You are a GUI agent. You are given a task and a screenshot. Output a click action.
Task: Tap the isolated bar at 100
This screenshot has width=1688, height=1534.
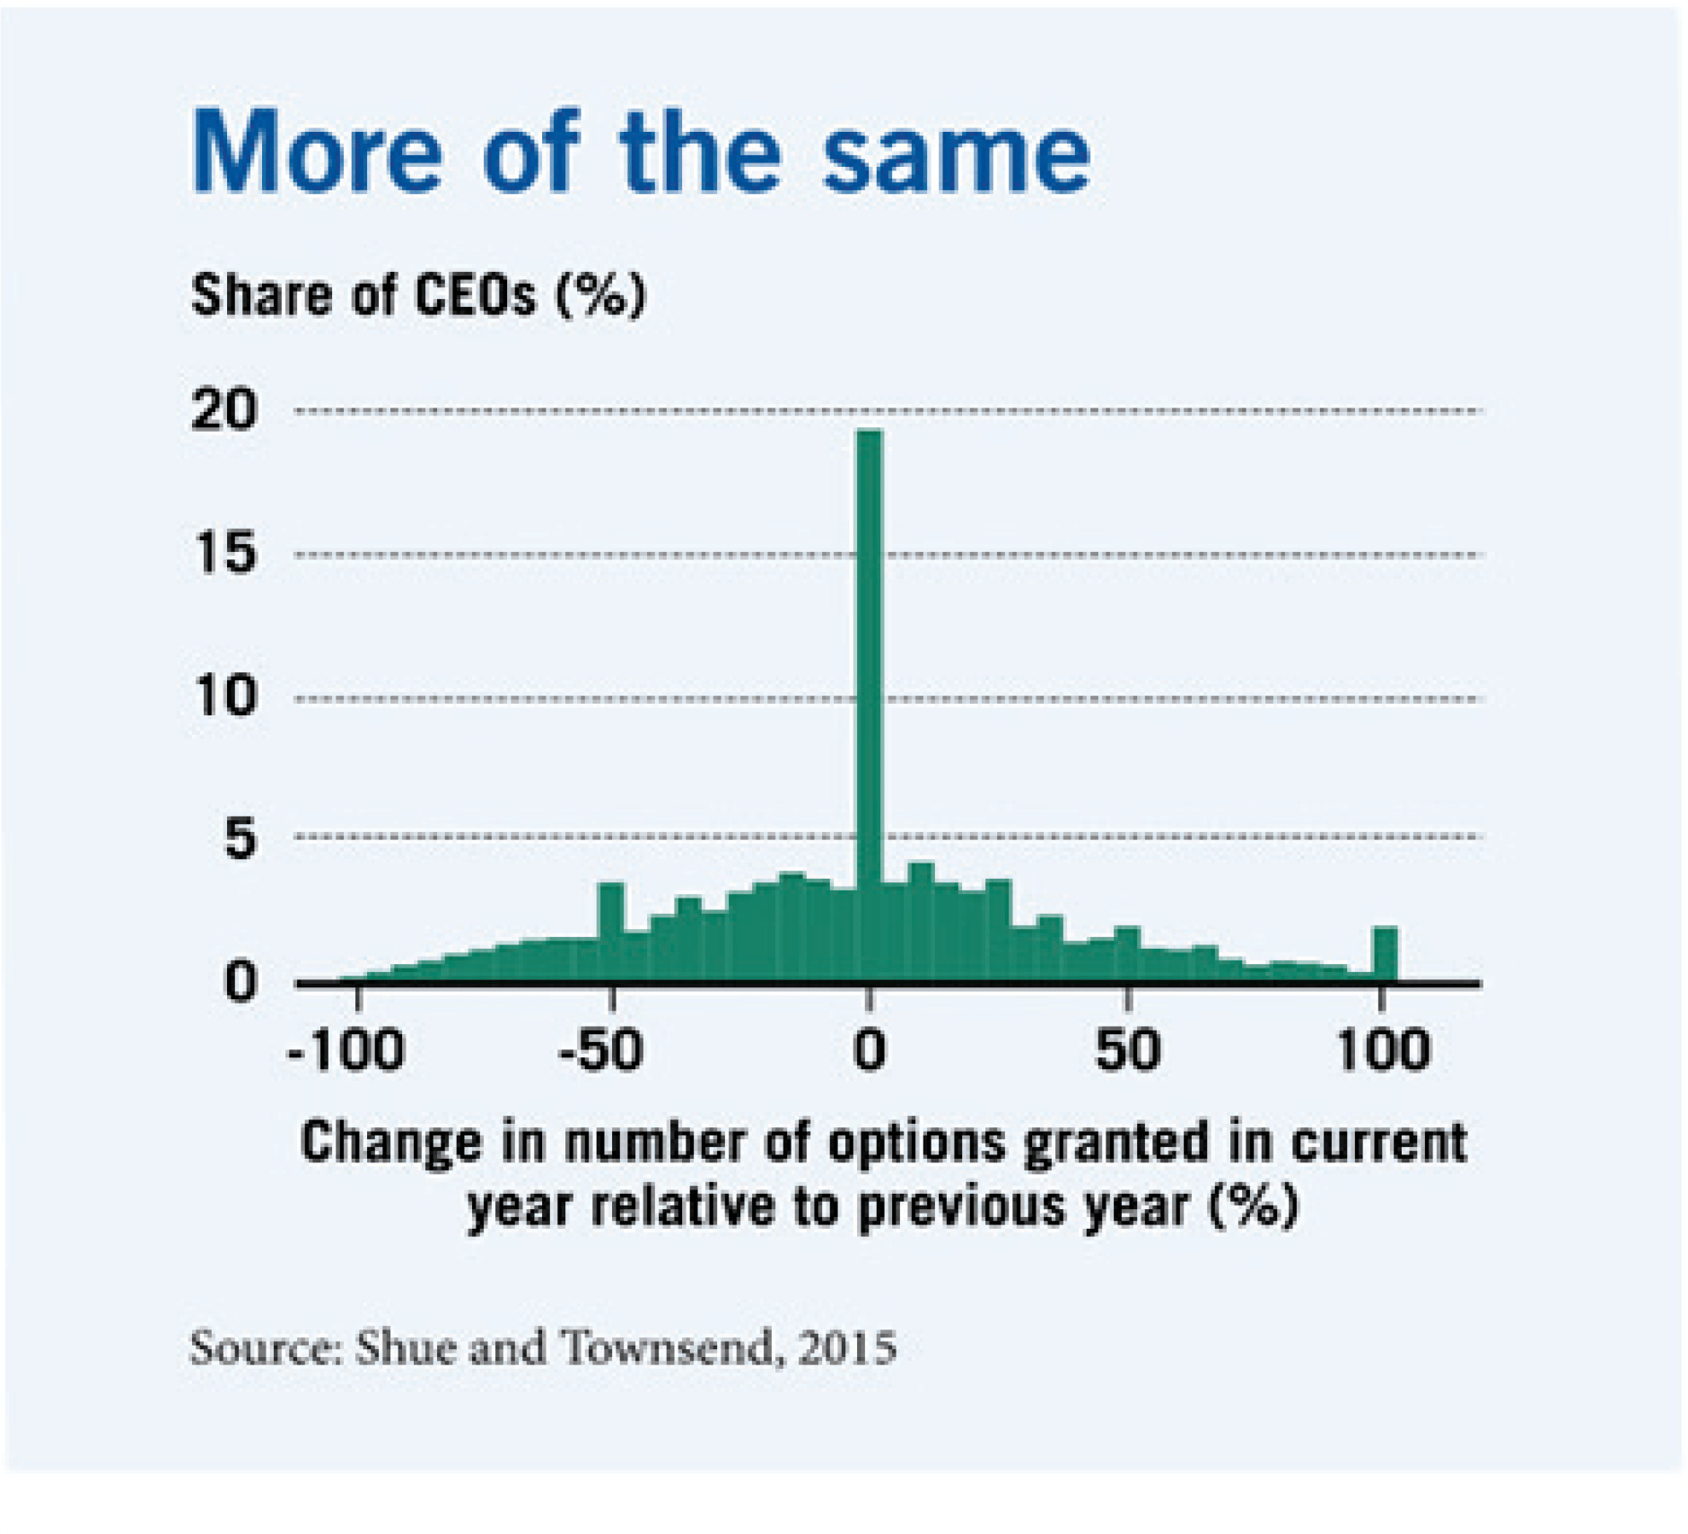pyautogui.click(x=1385, y=954)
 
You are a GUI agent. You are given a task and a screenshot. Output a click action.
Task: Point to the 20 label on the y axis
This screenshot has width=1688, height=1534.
pyautogui.click(x=223, y=411)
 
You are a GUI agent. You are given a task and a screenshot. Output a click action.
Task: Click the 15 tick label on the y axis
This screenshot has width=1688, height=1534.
pyautogui.click(x=223, y=553)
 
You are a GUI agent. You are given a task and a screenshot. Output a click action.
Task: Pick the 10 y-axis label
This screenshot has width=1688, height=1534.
pyautogui.click(x=225, y=696)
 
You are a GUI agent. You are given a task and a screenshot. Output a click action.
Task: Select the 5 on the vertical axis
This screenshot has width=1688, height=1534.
pyautogui.click(x=239, y=839)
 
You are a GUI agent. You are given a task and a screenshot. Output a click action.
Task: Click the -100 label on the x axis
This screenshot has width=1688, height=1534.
pyautogui.click(x=346, y=1049)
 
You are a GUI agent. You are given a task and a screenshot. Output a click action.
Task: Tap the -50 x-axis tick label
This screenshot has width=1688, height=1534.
pyautogui.click(x=600, y=1049)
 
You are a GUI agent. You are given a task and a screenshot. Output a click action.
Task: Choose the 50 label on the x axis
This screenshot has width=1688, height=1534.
pyautogui.click(x=1127, y=1049)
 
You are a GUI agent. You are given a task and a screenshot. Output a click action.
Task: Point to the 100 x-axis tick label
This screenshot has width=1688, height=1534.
pyautogui.click(x=1382, y=1049)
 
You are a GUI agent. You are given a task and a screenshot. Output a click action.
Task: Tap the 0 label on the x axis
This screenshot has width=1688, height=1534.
pyautogui.click(x=868, y=1049)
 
